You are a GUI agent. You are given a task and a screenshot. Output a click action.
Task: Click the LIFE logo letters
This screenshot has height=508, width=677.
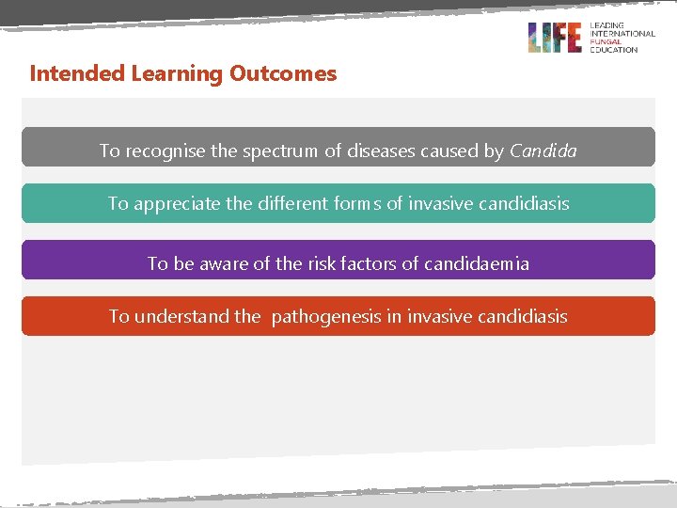click(x=555, y=38)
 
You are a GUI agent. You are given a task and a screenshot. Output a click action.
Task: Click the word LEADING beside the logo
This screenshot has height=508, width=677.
click(x=607, y=25)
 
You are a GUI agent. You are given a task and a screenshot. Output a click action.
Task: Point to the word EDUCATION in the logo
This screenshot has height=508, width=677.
click(x=613, y=49)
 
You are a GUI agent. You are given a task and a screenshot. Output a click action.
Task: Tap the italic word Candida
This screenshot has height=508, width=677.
click(x=543, y=151)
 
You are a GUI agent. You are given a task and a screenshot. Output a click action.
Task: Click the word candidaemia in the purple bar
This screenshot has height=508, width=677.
click(x=476, y=263)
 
